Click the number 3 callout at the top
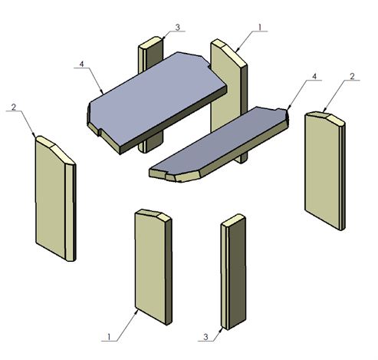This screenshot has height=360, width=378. tap(177, 28)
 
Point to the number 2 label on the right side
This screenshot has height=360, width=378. tap(351, 77)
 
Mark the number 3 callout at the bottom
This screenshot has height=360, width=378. tap(205, 335)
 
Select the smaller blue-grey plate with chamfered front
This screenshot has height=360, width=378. tap(219, 142)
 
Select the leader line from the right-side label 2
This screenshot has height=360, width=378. tap(337, 96)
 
